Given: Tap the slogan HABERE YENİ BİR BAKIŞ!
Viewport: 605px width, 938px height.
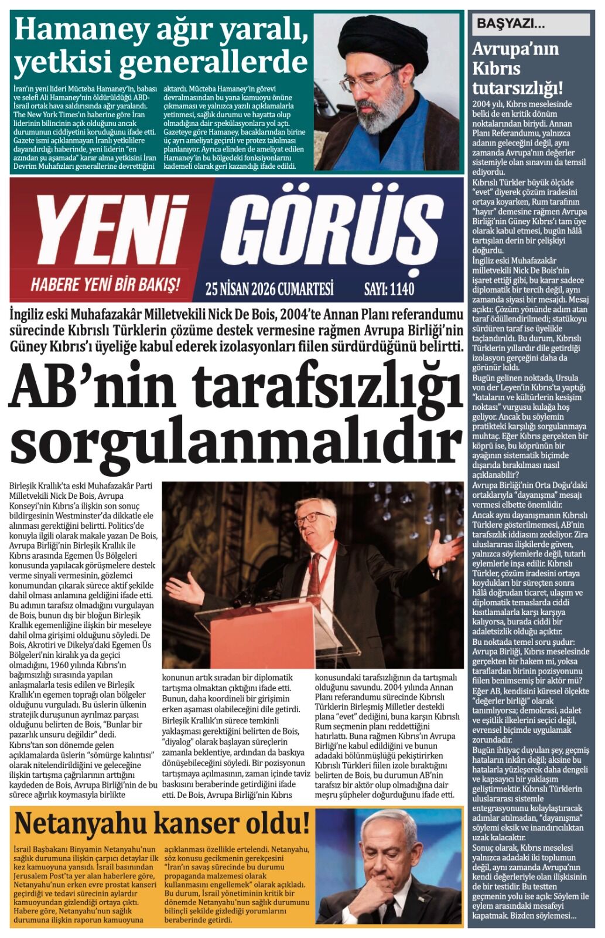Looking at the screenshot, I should pos(105,285).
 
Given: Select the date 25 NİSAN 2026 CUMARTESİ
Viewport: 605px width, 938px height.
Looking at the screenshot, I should pos(269,288).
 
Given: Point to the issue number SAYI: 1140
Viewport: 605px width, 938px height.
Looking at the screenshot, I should pos(389,288).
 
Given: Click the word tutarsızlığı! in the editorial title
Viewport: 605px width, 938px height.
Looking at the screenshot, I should pos(518,88).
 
